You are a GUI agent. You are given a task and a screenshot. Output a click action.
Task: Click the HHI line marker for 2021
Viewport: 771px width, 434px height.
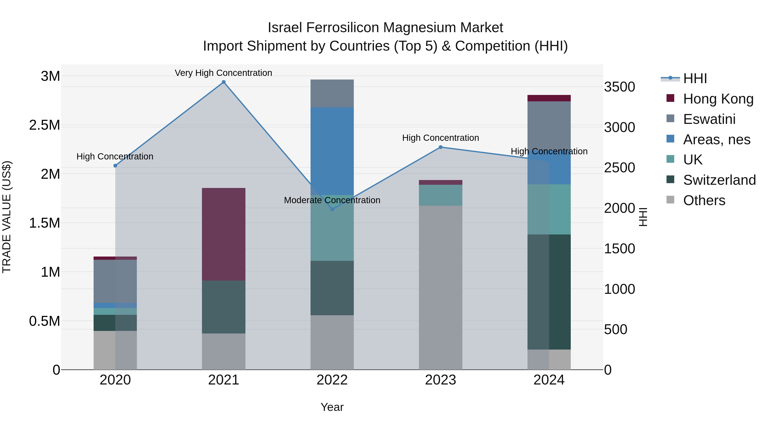(224, 82)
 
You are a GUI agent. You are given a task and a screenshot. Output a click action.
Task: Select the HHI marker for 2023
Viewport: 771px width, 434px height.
(441, 147)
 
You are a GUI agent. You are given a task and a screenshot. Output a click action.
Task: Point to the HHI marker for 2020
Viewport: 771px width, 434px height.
(115, 166)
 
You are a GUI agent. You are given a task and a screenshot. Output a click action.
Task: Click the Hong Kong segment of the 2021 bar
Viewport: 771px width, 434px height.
(224, 234)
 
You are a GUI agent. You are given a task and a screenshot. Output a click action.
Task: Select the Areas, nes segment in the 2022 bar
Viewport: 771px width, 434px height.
(332, 151)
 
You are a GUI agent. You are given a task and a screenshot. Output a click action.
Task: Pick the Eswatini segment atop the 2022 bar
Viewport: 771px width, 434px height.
(332, 93)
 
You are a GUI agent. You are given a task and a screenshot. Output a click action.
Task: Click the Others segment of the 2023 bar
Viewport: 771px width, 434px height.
(441, 288)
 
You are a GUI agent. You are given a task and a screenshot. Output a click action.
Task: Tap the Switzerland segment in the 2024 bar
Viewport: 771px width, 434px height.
(549, 292)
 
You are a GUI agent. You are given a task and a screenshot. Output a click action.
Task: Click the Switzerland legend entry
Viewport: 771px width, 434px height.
(719, 180)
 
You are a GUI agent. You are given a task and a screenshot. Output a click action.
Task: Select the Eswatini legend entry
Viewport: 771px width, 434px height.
(709, 119)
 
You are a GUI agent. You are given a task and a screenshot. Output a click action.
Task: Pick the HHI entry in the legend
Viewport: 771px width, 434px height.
(695, 78)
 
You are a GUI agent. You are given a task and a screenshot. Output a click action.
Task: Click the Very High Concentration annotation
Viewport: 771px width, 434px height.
(223, 73)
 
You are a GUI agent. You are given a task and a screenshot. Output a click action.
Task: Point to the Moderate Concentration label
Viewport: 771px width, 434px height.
(332, 200)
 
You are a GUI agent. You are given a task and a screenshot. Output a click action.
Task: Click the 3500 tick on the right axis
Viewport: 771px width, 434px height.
(619, 87)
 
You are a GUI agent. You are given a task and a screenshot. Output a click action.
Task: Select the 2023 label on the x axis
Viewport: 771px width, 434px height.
(441, 380)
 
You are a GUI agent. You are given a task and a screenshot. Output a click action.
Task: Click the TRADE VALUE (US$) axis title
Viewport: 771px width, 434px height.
(7, 217)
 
